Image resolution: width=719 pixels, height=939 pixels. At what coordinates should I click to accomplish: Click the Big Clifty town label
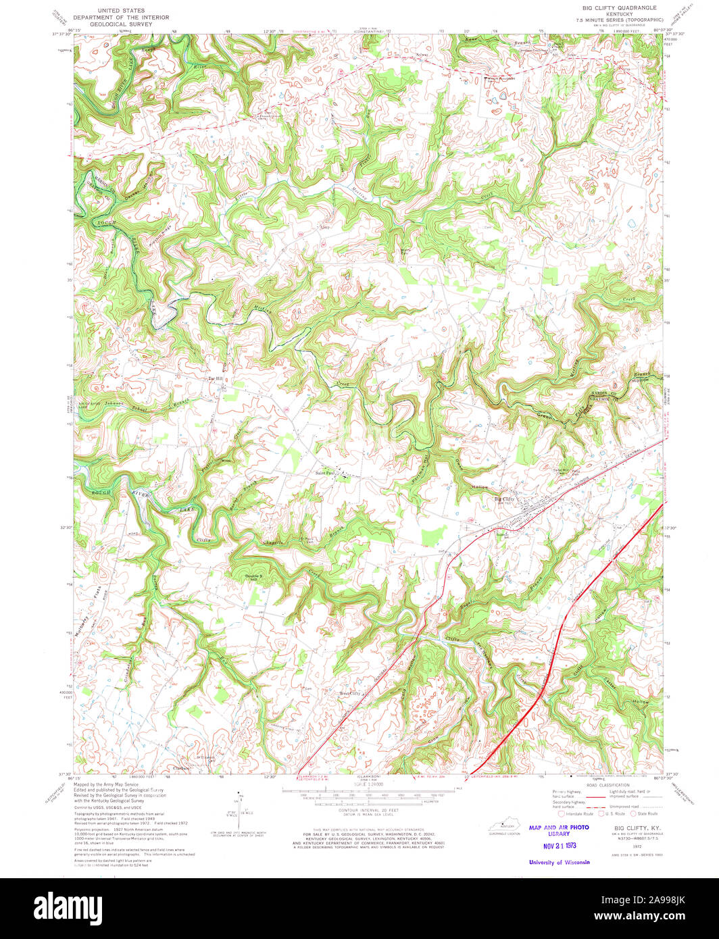[504, 499]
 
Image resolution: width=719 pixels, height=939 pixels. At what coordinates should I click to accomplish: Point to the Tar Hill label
[215, 378]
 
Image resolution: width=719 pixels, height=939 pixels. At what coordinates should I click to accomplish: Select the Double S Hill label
[251, 577]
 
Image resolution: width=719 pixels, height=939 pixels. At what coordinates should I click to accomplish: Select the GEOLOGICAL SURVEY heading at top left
[113, 24]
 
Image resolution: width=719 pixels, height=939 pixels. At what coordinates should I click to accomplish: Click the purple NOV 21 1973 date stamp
[559, 845]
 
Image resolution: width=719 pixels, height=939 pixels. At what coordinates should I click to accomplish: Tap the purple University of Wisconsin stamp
[559, 862]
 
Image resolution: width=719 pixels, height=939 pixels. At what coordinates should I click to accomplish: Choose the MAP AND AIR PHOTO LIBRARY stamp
[559, 830]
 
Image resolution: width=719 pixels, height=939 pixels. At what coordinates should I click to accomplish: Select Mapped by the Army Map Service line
[106, 784]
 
